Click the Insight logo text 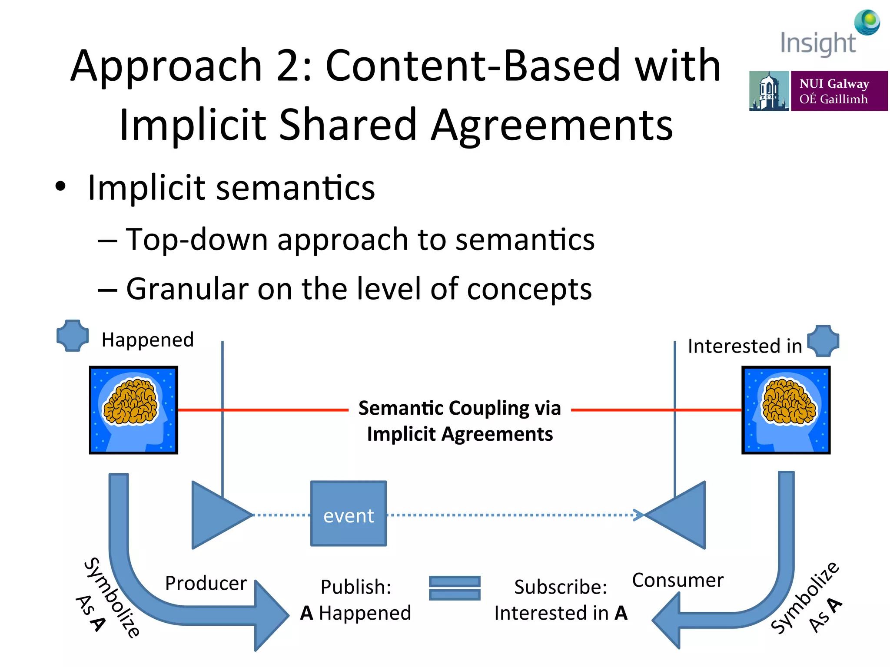point(818,43)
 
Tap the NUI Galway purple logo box point(839,91)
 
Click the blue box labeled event point(349,514)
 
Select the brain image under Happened point(133,410)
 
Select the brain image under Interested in point(786,410)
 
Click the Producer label point(206,583)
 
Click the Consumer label point(678,580)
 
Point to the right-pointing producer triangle point(217,515)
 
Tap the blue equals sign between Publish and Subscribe point(455,588)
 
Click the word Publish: point(356,587)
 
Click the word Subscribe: point(561,587)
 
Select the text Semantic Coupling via point(459,408)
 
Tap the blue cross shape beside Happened point(73,336)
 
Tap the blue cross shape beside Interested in point(823,341)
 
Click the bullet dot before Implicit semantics point(60,187)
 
